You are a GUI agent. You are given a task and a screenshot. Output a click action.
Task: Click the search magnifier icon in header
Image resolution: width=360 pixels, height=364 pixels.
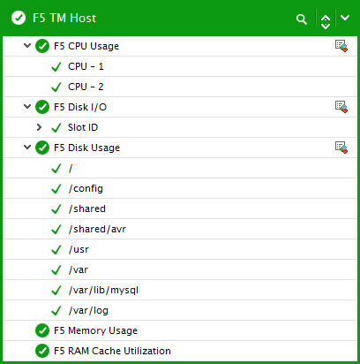point(302,19)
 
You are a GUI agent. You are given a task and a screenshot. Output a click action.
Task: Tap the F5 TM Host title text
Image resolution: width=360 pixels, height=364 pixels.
point(64,18)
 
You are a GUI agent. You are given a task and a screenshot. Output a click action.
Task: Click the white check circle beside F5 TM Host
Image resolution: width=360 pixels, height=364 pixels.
point(19,18)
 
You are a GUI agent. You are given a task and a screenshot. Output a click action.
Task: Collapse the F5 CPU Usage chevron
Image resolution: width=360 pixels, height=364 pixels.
point(27,46)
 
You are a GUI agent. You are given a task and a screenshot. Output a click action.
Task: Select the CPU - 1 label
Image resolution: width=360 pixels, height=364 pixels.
point(86,66)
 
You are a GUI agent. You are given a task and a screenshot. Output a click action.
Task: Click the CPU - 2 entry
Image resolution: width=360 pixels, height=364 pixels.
point(86,87)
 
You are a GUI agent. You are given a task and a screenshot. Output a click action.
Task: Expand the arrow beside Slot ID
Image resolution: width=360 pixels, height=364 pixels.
point(39,127)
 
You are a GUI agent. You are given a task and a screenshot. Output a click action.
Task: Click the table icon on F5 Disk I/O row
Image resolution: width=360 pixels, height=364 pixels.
point(341,107)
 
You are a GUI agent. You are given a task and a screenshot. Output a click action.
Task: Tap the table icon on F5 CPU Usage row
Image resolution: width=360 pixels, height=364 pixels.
point(341,46)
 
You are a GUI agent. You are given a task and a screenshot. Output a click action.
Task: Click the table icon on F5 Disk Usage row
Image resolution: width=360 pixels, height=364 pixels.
point(341,148)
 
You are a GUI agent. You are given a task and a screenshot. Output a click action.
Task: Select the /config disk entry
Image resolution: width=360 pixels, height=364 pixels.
point(86,188)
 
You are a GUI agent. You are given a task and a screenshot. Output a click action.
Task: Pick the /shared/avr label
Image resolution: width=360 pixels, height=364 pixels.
point(97,229)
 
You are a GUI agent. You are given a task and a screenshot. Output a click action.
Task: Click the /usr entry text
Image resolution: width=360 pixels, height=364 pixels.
point(79,249)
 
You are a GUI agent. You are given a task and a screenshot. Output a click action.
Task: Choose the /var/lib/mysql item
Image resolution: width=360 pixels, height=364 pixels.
point(103,290)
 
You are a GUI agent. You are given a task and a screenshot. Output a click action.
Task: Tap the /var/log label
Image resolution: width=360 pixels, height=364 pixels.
point(88,310)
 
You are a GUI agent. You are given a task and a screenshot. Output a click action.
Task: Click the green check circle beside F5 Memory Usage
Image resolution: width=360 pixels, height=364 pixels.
point(42,330)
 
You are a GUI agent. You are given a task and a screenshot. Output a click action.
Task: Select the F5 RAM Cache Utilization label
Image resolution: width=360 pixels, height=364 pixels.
point(112,351)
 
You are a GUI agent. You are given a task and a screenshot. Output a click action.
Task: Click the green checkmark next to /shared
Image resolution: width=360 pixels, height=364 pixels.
point(56,209)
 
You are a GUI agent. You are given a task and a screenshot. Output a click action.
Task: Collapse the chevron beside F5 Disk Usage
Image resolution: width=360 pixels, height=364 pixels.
point(27,148)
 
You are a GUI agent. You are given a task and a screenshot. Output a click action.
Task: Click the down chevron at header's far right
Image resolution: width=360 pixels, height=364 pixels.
point(345,18)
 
